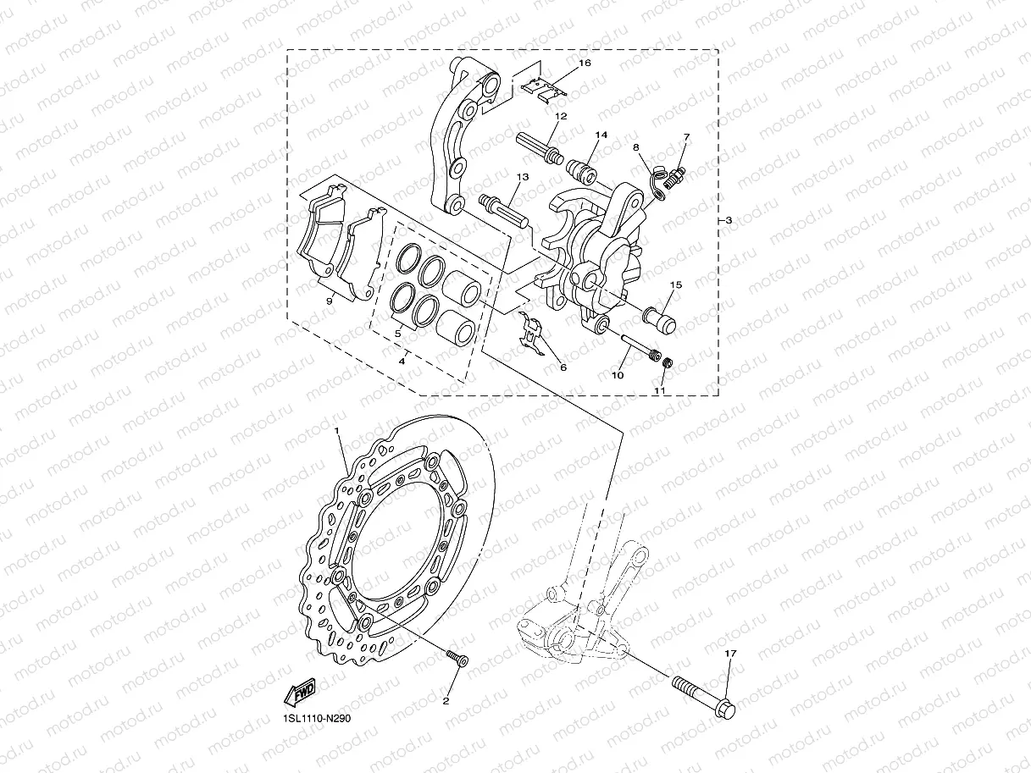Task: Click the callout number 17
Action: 730,653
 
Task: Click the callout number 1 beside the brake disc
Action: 337,431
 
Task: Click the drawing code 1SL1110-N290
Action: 316,718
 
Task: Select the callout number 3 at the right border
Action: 729,221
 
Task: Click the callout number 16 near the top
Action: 585,63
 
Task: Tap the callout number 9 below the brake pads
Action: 329,301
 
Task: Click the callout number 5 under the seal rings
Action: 397,334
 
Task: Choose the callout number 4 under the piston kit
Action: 402,362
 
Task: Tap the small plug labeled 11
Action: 667,363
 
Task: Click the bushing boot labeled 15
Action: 660,315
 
